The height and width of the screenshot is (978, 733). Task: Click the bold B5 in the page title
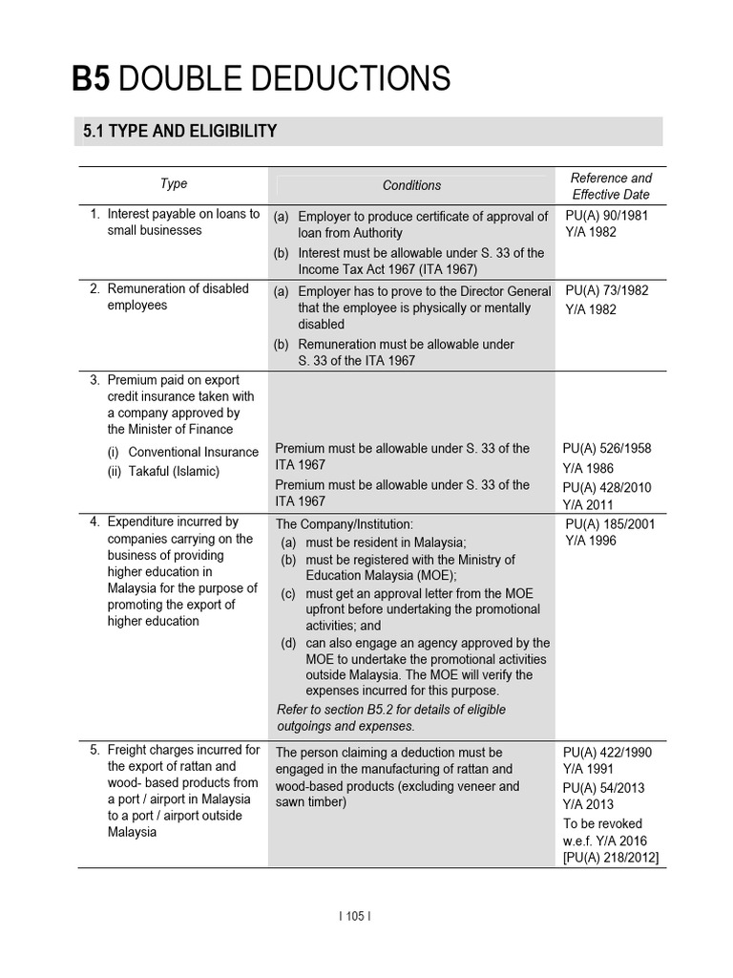[92, 78]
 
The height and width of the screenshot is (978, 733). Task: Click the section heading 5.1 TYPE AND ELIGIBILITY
[175, 132]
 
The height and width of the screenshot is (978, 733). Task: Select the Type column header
[174, 183]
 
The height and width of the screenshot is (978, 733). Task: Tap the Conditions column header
[411, 185]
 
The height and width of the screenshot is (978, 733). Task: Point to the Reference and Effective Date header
[610, 186]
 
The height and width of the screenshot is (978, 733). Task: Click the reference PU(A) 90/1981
[606, 215]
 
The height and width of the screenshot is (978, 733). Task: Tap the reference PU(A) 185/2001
[610, 523]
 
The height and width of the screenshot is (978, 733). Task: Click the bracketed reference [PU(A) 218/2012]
[610, 858]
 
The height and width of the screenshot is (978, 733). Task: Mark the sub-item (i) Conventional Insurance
[183, 452]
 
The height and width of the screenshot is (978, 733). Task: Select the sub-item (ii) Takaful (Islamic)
[163, 471]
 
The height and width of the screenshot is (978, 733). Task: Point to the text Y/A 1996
[591, 541]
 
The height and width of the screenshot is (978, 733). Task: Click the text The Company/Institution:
[344, 524]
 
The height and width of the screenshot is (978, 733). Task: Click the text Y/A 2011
[589, 504]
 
